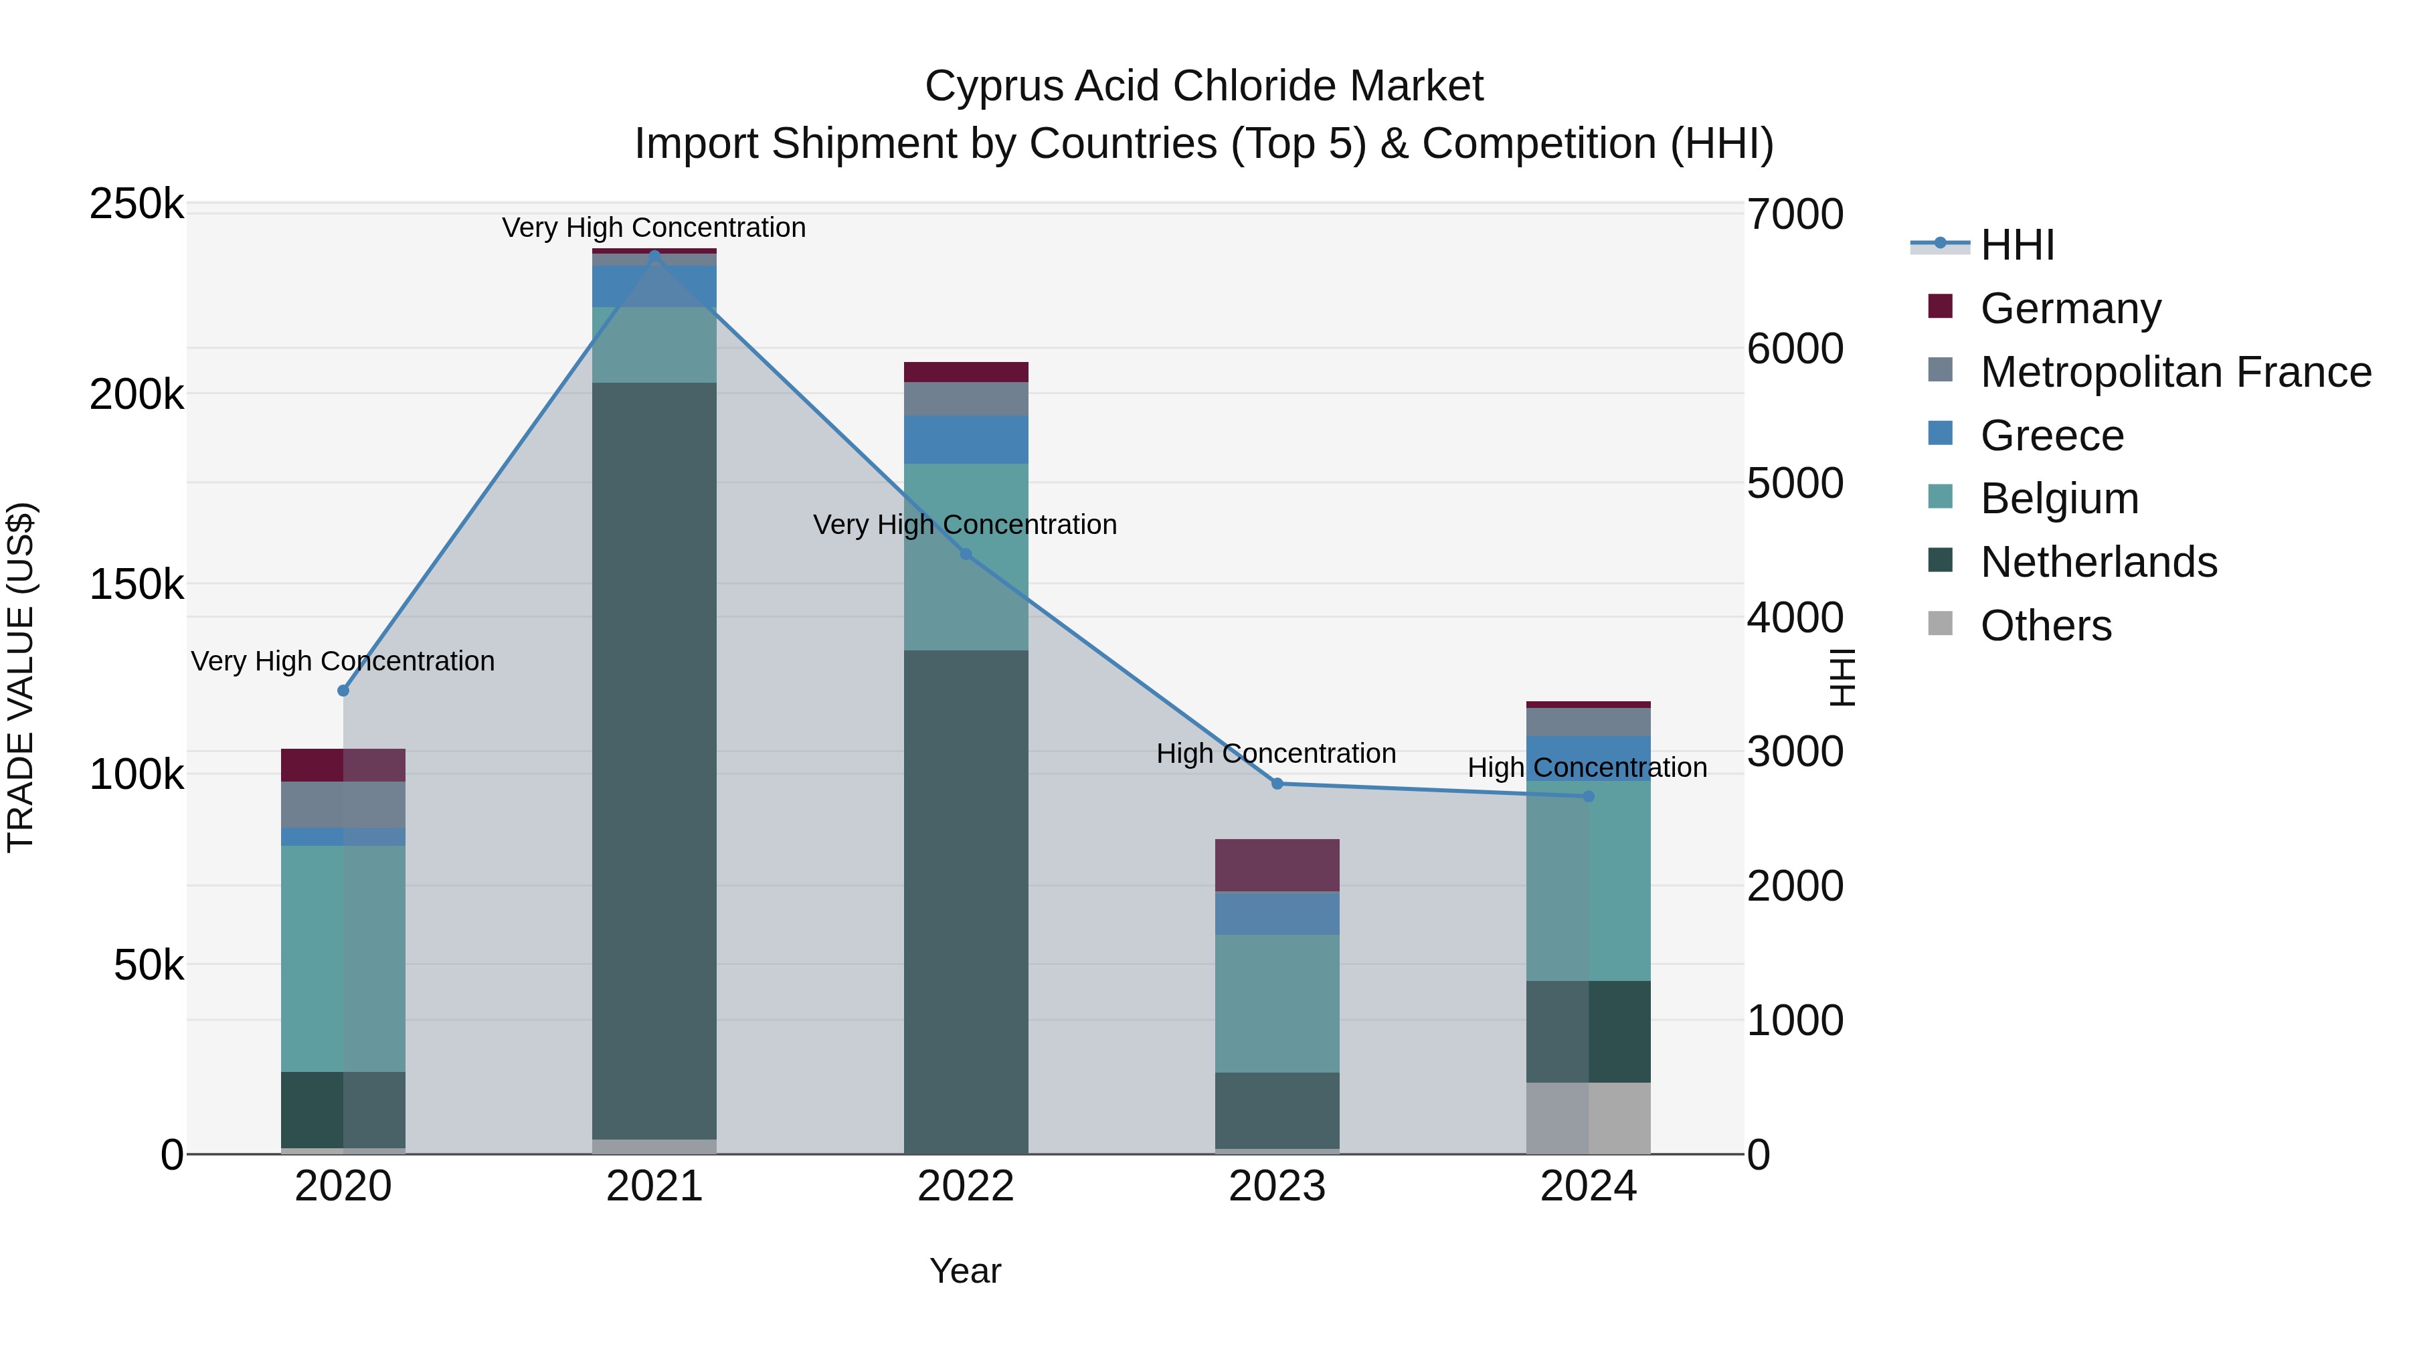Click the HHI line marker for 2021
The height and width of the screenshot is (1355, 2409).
click(x=654, y=254)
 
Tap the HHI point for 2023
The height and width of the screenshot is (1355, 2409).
click(x=1277, y=784)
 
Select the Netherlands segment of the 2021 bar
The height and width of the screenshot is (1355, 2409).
click(x=654, y=759)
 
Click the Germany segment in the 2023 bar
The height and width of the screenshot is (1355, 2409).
click(x=1277, y=865)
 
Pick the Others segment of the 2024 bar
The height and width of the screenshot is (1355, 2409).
click(x=1588, y=1118)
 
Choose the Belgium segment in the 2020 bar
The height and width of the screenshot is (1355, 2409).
click(x=343, y=958)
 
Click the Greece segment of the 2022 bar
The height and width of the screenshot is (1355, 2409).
click(x=966, y=440)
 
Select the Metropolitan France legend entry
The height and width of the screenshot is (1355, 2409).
click(x=2175, y=372)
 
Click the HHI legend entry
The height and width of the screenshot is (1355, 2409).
click(x=2017, y=245)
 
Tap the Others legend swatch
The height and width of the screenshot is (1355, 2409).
click(x=1941, y=624)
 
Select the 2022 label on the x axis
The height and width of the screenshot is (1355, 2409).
click(x=966, y=1186)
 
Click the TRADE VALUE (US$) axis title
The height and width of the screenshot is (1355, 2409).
click(x=21, y=677)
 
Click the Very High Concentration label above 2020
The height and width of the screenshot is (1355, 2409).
click(x=343, y=661)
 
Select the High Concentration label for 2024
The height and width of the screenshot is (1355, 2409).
click(x=1587, y=767)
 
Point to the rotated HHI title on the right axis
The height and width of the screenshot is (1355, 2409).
click(x=1842, y=677)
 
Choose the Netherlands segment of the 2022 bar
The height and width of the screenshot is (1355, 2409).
click(x=966, y=901)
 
